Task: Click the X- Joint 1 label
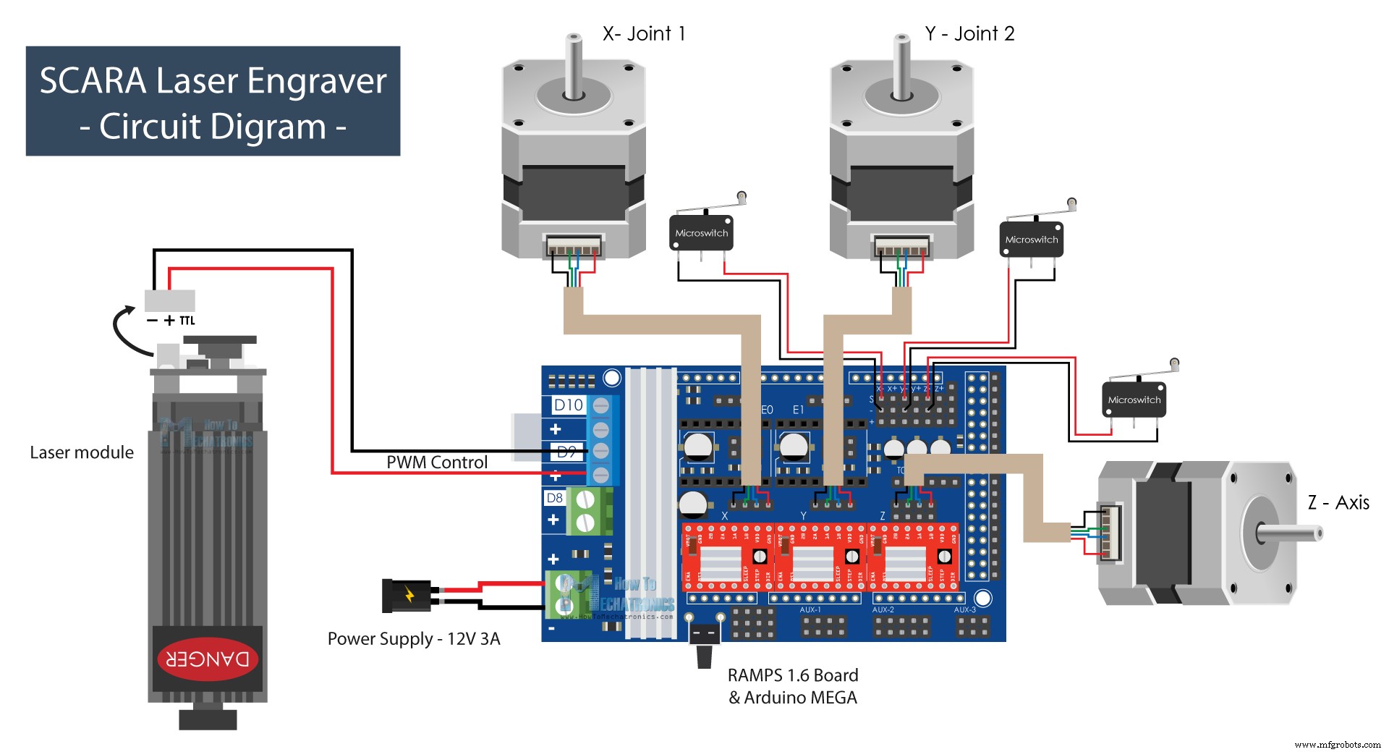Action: point(644,33)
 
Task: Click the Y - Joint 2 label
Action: point(969,33)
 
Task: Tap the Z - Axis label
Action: point(1338,502)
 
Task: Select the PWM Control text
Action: point(437,462)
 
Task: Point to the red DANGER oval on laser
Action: point(208,659)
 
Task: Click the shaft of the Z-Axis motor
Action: point(1291,534)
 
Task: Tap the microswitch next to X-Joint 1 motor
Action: point(701,232)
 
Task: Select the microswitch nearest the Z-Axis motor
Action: point(1134,400)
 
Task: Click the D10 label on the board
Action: point(569,405)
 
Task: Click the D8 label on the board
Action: point(554,498)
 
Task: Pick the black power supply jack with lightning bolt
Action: point(407,595)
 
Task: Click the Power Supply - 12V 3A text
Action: point(414,638)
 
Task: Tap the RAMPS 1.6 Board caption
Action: point(793,675)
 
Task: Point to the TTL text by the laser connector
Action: point(187,321)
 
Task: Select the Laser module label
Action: point(82,452)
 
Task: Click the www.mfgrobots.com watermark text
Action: point(1338,744)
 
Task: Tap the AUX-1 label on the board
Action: point(810,610)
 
